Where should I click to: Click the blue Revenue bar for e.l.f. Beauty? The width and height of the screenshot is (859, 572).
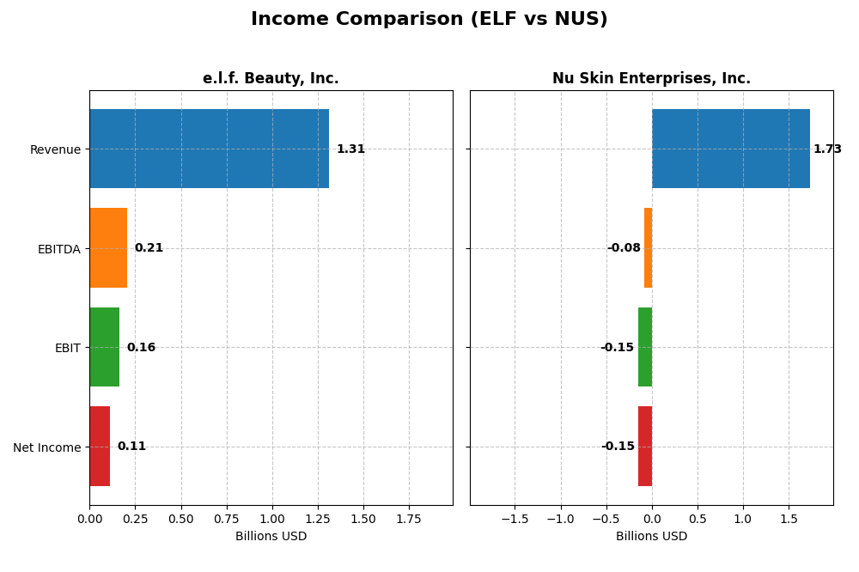209,149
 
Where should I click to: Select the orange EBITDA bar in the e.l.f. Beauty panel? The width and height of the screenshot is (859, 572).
108,248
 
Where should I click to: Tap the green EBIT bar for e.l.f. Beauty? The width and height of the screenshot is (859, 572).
104,347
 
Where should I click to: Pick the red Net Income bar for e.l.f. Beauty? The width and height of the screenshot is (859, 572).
100,447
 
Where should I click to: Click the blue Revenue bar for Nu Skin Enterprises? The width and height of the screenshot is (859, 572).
730,149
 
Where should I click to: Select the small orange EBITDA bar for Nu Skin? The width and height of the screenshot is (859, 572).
648,248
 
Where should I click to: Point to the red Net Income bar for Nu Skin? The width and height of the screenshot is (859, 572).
645,447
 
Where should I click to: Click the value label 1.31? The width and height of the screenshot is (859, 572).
350,149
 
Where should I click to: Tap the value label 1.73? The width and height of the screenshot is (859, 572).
827,149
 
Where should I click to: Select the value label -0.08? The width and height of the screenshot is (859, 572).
624,248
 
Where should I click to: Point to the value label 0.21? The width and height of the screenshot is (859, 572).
149,248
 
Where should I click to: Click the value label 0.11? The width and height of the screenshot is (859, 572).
131,447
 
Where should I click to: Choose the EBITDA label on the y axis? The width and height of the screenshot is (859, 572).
58,249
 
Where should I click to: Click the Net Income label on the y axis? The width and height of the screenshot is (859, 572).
46,447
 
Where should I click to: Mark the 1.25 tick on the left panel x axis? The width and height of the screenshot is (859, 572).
318,519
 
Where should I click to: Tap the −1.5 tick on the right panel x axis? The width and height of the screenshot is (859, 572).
515,519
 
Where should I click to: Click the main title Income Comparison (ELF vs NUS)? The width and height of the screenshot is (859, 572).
429,19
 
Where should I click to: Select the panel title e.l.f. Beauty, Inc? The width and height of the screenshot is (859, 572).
271,79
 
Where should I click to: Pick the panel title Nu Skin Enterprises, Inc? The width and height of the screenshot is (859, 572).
651,79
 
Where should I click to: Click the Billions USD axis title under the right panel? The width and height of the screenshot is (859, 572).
651,537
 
